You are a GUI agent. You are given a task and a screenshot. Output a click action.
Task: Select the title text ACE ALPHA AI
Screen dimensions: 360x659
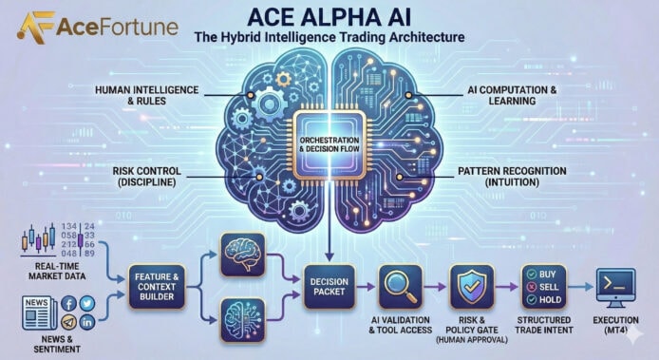click(x=328, y=17)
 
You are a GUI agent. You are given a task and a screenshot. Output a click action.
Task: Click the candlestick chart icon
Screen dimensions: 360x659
click(x=39, y=239)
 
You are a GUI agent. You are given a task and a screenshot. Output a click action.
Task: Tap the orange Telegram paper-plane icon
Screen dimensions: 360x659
click(x=69, y=323)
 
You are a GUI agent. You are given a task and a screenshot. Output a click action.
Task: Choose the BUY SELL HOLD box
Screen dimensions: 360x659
click(x=537, y=281)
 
